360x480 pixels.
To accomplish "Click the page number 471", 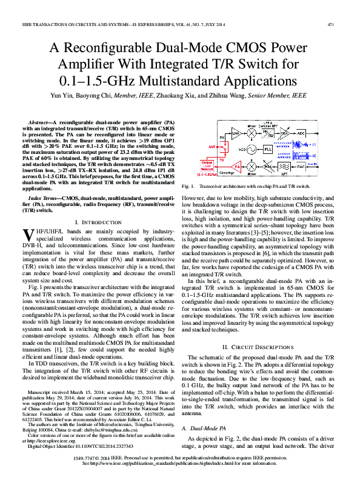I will tap(331, 24).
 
